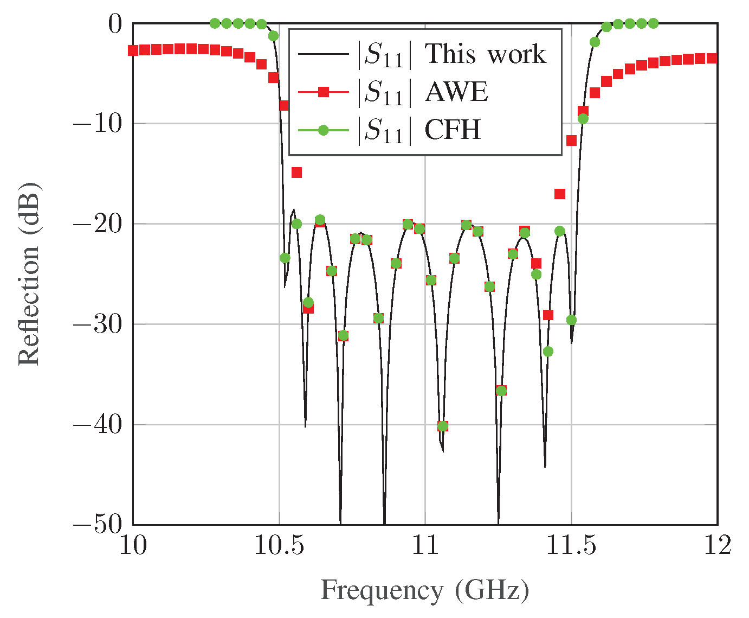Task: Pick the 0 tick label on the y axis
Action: pyautogui.click(x=115, y=24)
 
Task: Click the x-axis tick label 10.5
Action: pyautogui.click(x=279, y=546)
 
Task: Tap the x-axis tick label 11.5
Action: pyautogui.click(x=571, y=546)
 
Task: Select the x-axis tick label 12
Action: pyautogui.click(x=717, y=546)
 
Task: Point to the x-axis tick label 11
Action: pyautogui.click(x=425, y=546)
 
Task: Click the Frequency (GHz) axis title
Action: pyautogui.click(x=425, y=591)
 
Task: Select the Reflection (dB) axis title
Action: pyautogui.click(x=29, y=274)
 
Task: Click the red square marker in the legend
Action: pyautogui.click(x=324, y=92)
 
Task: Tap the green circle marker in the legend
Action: pyautogui.click(x=324, y=130)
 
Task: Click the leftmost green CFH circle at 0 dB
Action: pyautogui.click(x=215, y=23)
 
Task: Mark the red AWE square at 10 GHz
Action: pyautogui.click(x=133, y=50)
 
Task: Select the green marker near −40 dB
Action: pyautogui.click(x=443, y=426)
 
